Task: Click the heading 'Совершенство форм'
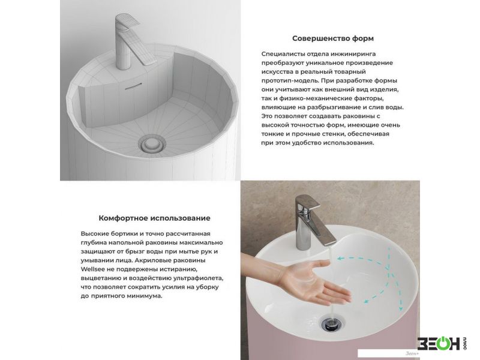[333, 38]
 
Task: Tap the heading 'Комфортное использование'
[154, 218]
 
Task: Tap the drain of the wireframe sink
[151, 144]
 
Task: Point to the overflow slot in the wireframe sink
[133, 86]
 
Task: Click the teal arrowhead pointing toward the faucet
[340, 259]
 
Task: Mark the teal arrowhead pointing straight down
[400, 308]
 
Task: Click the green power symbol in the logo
[443, 343]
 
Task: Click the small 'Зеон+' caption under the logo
[412, 353]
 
